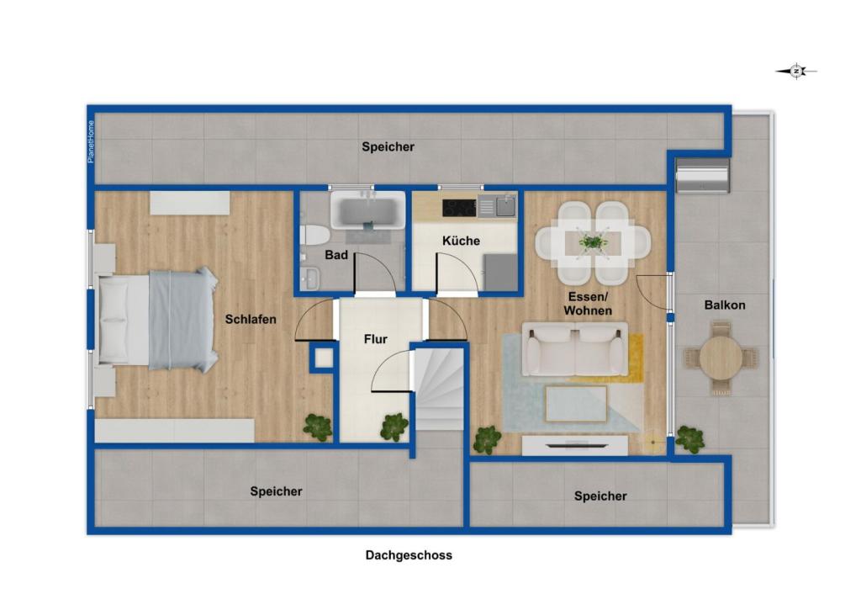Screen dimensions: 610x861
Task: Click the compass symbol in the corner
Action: point(796,72)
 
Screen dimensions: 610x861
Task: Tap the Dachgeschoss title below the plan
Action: point(409,555)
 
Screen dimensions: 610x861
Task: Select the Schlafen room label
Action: point(251,320)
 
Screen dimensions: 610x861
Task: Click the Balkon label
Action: point(724,305)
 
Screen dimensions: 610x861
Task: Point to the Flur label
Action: point(375,340)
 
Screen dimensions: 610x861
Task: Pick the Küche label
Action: point(461,241)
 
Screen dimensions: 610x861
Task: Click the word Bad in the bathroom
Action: point(336,255)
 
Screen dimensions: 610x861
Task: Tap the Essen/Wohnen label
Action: point(588,304)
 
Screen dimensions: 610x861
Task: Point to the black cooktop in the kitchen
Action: point(459,207)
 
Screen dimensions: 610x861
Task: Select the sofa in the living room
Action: point(575,349)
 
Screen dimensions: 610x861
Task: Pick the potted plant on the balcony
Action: point(689,438)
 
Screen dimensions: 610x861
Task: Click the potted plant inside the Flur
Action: point(394,427)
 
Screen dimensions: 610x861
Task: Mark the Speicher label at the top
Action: point(388,147)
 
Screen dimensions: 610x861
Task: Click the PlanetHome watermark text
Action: point(92,141)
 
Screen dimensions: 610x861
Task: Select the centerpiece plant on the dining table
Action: point(594,242)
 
